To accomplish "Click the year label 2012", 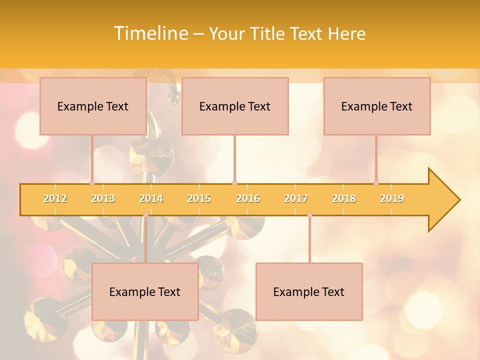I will coord(55,198).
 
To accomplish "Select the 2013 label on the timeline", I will coord(103,198).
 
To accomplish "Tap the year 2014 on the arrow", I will coord(151,198).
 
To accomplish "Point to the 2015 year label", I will coord(199,198).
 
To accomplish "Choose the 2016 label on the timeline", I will coord(248,198).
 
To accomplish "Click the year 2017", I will coord(296,198).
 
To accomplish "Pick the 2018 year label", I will coord(344,198).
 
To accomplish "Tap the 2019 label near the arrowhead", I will coord(392,198).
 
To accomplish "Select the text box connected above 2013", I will coord(93,106).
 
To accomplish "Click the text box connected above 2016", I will coord(235,106).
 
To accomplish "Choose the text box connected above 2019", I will coord(377,106).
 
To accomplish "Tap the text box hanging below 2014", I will coord(145,291).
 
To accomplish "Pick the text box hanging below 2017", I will coord(309,291).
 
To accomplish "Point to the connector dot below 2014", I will coord(145,215).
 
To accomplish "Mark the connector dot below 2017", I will coord(309,215).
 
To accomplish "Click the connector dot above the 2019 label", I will coord(376,183).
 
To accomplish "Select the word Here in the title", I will coord(346,33).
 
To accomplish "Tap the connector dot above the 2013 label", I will coord(92,183).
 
